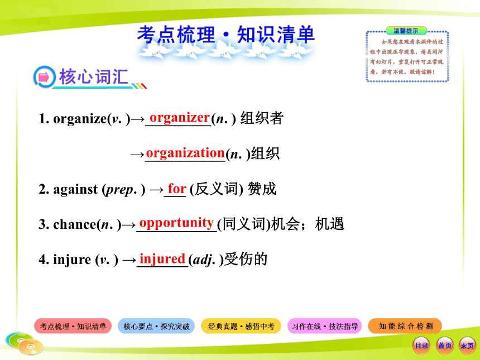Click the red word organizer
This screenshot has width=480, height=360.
tap(180, 118)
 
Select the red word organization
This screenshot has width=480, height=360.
tap(185, 153)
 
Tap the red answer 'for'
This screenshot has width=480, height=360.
tap(177, 188)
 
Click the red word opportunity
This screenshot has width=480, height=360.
tap(176, 223)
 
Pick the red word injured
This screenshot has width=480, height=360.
tap(162, 259)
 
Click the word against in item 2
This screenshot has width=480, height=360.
tap(75, 189)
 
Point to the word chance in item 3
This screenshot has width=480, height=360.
tap(75, 224)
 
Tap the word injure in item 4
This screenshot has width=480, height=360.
tap(72, 260)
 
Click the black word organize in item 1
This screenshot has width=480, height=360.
tap(80, 119)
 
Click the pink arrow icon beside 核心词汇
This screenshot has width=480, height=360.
tap(45, 77)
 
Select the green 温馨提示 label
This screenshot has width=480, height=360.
tap(406, 31)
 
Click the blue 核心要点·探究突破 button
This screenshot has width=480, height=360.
tap(156, 326)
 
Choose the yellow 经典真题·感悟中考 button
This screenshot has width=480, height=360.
tap(241, 326)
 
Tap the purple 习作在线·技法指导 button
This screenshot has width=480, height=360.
tap(325, 326)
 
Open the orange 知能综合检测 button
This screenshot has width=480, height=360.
tap(405, 326)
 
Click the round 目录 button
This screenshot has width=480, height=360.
tap(421, 345)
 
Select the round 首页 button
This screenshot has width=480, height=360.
tap(445, 345)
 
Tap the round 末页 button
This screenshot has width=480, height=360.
tap(468, 345)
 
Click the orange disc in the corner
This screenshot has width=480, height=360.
tap(31, 347)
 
